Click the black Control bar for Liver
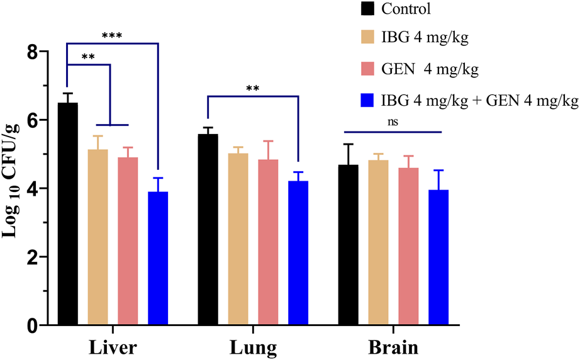[67, 214]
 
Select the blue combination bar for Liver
[158, 258]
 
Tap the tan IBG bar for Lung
[238, 239]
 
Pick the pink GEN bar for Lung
[268, 242]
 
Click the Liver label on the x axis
[113, 347]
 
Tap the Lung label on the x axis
[253, 347]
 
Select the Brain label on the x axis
[393, 347]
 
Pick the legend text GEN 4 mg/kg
[430, 69]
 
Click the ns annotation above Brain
[394, 120]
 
